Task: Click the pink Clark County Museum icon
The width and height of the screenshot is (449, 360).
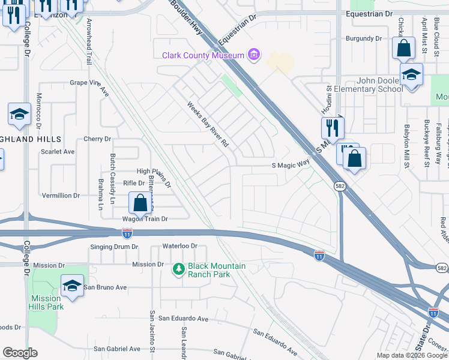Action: point(254,55)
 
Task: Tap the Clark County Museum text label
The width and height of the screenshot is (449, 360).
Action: point(203,56)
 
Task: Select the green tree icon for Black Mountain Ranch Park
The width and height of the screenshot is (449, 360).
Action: point(178,269)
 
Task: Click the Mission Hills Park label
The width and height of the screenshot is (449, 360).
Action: point(45,302)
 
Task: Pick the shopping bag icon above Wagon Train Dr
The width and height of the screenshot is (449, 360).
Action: point(140,203)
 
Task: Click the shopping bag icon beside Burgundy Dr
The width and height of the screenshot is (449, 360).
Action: point(404,48)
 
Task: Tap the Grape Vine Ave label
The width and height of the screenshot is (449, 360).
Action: point(89,86)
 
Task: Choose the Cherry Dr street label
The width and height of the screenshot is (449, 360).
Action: point(98,139)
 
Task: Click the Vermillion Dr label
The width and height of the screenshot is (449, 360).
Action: point(61,196)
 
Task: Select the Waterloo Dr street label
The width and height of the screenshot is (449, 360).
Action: point(180,246)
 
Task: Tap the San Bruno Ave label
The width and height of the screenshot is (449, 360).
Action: point(105,287)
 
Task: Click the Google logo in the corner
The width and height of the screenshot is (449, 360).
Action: point(20,353)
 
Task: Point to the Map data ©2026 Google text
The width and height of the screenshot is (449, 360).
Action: point(411,355)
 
